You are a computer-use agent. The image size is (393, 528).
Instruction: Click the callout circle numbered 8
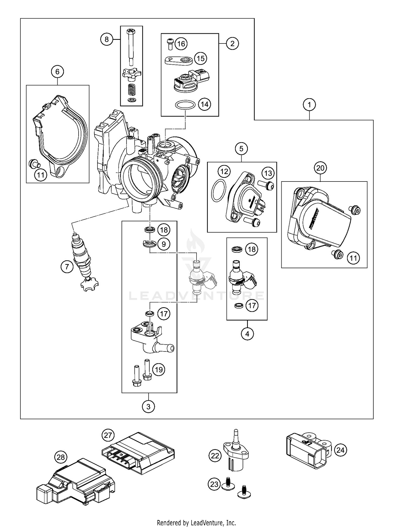point(106,39)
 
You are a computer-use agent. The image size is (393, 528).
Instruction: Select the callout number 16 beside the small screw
point(181,43)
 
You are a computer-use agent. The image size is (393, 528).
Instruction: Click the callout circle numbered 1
point(309,105)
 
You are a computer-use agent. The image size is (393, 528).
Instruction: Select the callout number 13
point(268,173)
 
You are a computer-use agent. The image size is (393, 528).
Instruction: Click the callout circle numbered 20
point(320,168)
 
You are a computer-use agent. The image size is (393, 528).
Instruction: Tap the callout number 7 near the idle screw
point(67,267)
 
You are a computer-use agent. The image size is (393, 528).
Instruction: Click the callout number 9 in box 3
point(164,244)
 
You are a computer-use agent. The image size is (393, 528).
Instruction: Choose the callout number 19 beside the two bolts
point(159,370)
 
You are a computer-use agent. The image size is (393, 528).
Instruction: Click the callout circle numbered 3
point(148,406)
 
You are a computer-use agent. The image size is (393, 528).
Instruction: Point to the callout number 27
point(108,435)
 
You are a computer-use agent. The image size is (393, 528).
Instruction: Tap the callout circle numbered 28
point(61,457)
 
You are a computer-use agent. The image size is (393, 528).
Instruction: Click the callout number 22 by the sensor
point(215,456)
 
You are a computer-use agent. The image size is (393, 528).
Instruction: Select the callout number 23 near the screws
point(214,484)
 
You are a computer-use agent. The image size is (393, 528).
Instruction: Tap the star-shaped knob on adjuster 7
point(89,284)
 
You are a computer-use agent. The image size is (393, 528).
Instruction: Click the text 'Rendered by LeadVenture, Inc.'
point(196,522)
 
